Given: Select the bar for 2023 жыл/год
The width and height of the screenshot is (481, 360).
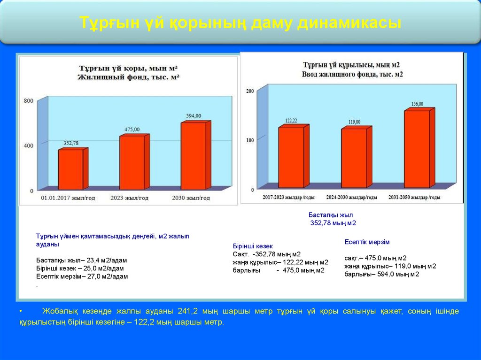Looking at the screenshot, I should (132, 162).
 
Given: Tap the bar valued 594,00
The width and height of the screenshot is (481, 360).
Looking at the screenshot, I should (193, 156).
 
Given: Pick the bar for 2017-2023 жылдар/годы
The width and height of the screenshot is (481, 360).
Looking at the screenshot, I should (291, 157).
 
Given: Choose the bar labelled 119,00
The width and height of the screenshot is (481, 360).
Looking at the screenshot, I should (354, 158).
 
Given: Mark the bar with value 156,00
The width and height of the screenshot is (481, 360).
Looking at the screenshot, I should (417, 149).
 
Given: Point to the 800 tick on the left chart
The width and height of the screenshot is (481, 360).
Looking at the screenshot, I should (28, 101).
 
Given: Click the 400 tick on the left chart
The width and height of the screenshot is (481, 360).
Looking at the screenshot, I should (28, 146).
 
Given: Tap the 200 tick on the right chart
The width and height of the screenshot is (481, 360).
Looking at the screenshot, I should (250, 91).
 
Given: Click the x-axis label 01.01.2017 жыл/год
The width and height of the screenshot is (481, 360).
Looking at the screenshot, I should (68, 198).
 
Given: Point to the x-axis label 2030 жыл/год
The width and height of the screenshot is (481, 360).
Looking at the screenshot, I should (191, 198).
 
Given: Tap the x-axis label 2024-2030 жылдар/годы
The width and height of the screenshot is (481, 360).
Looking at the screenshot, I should (352, 198).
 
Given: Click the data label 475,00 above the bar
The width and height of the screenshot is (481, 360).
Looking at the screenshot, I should (132, 129).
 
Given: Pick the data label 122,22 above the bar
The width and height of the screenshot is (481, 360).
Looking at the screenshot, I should (291, 121).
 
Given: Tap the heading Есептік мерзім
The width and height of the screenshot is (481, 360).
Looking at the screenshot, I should (367, 242).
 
